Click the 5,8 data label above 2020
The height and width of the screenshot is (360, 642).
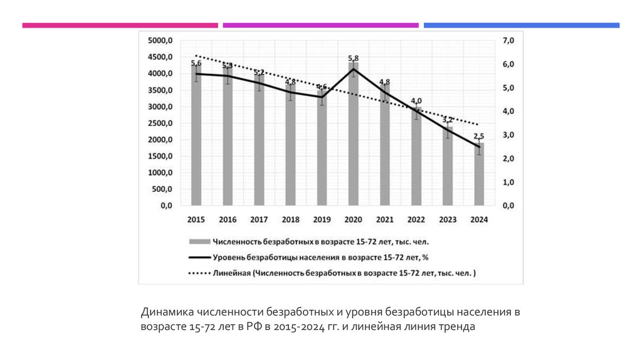(354, 58)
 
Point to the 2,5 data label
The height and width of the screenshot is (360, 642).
(478, 136)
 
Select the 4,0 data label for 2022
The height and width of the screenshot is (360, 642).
(416, 100)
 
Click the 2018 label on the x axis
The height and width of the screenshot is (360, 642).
(290, 220)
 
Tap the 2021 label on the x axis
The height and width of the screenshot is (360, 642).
(384, 220)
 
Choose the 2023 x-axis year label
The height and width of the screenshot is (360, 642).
(448, 220)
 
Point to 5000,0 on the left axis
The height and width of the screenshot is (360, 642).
(160, 41)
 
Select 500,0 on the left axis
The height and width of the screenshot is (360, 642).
(162, 189)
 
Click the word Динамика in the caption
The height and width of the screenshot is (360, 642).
(166, 312)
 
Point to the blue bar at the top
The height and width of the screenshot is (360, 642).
(521, 25)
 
